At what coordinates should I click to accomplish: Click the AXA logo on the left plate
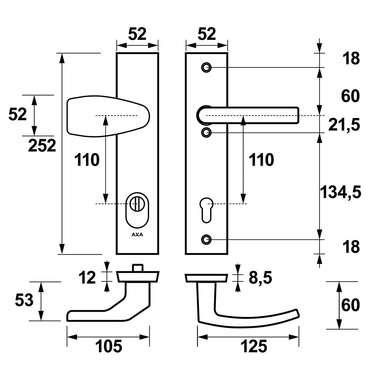pyautogui.click(x=137, y=235)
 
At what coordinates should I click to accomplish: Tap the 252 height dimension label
pyautogui.click(x=42, y=146)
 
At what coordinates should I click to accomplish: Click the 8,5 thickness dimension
pyautogui.click(x=260, y=278)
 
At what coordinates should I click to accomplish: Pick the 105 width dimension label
pyautogui.click(x=108, y=347)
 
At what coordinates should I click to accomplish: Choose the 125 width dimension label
pyautogui.click(x=254, y=347)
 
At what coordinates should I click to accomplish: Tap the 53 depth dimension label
pyautogui.click(x=24, y=301)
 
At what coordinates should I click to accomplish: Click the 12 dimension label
pyautogui.click(x=87, y=278)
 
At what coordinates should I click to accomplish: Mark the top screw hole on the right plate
pyautogui.click(x=206, y=67)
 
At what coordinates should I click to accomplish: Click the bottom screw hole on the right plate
pyautogui.click(x=206, y=239)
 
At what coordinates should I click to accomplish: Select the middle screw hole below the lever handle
pyautogui.click(x=206, y=133)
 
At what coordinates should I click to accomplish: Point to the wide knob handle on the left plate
pyautogui.click(x=108, y=117)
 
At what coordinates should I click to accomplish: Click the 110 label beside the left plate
pyautogui.click(x=87, y=160)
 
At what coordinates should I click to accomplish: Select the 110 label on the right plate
pyautogui.click(x=261, y=160)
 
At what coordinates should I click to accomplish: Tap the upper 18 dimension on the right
pyautogui.click(x=351, y=59)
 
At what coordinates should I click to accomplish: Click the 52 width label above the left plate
pyautogui.click(x=137, y=34)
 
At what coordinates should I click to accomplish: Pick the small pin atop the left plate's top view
pyautogui.click(x=137, y=268)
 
